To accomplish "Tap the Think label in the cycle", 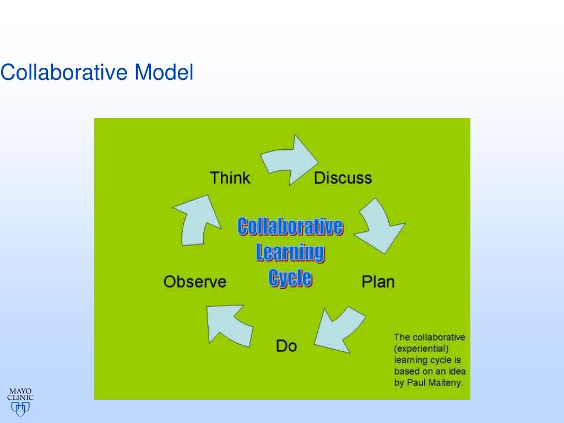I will pos(230,178).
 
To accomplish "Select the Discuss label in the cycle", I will pos(343,178).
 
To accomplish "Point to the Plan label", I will pos(378,281).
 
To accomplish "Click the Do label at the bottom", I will pos(286,346).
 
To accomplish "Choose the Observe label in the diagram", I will pos(195,281).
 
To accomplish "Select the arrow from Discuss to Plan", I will pos(379,226).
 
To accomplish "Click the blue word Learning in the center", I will pos(290,252).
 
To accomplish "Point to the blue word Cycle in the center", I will pos(290,277).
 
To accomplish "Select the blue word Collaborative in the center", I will pos(290,227).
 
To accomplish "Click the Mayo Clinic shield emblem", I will pos(20,409).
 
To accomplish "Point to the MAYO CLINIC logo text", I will pos(20,394).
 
